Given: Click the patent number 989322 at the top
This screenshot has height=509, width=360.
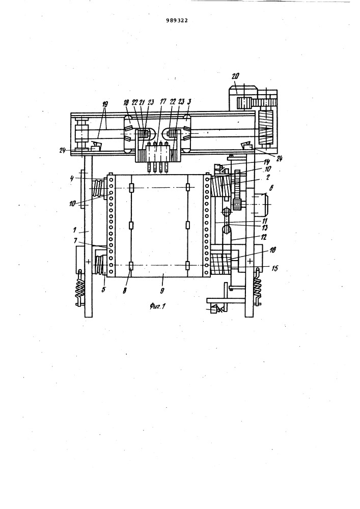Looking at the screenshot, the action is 177,20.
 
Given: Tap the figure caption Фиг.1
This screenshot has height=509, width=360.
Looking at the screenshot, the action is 158,305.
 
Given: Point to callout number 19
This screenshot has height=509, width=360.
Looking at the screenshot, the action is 105,104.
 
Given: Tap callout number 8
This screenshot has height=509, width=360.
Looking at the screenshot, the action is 125,290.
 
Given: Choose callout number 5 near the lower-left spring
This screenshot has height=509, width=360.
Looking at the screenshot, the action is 103,289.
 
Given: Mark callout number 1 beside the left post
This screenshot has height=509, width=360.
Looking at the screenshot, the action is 75,230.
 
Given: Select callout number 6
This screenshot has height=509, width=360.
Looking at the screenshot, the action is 271,188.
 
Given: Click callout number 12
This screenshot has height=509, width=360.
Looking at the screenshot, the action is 263,237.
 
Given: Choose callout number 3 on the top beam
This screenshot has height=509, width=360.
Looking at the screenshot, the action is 190,102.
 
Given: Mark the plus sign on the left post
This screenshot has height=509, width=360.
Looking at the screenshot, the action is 88,261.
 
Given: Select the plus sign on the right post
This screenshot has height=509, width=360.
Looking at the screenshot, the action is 250,261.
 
